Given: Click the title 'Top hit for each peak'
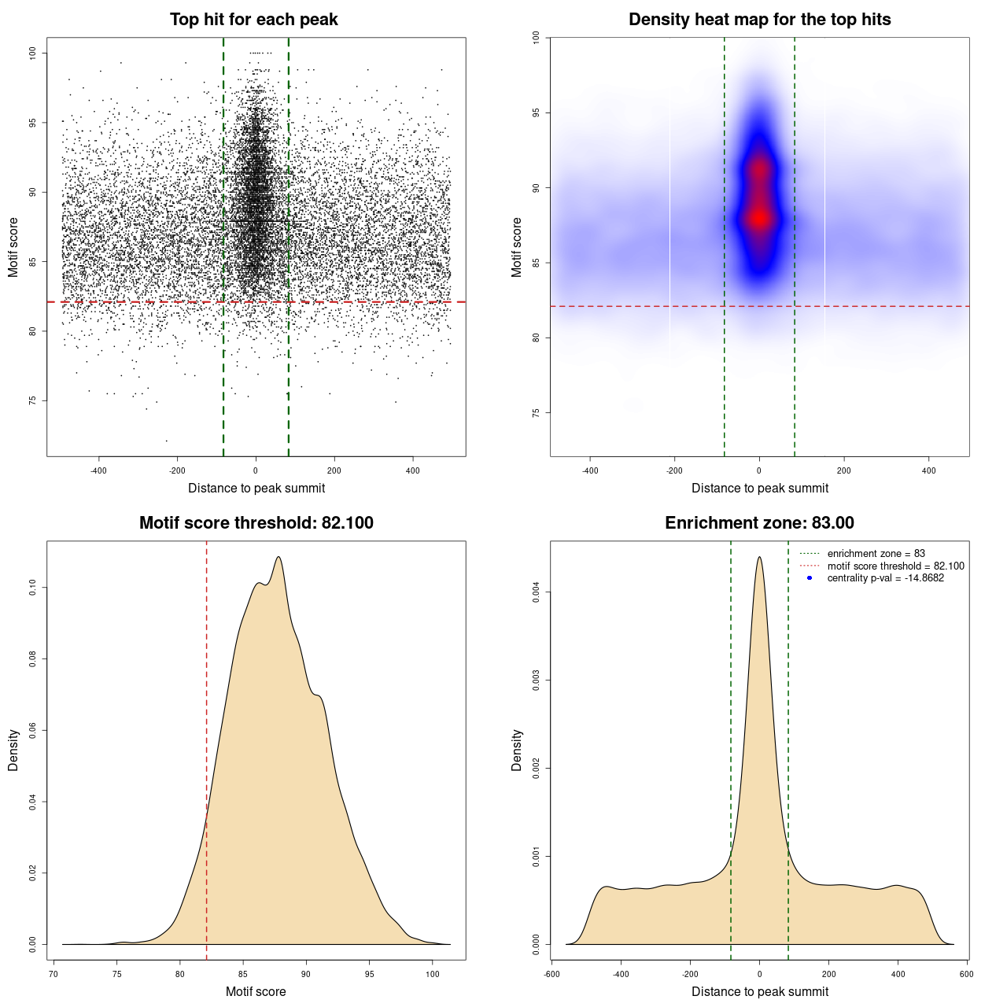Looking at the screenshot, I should tap(254, 20).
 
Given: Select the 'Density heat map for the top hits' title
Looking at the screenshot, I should tap(759, 20).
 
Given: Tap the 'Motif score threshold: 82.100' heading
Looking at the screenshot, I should tap(256, 523).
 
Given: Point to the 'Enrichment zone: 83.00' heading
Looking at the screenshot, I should tap(759, 523).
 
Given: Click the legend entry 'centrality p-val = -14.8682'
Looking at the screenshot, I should tap(885, 578).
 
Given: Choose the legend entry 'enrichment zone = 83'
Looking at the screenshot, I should tap(876, 554).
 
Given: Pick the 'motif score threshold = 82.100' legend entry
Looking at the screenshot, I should tap(895, 566).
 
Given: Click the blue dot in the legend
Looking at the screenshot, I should tap(810, 578).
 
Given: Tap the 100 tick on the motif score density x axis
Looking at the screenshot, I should tap(432, 974).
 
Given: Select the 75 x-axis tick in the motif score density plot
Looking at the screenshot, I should tap(117, 974).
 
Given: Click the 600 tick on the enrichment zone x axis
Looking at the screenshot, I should tap(967, 974).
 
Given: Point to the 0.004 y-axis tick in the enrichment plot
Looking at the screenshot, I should tap(536, 592).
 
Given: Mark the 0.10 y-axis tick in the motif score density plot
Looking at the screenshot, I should tap(32, 588).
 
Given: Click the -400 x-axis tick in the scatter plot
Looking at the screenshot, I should tap(98, 470).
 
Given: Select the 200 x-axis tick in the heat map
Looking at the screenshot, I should tap(844, 470).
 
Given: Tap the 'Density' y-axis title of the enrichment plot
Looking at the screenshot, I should tap(517, 750).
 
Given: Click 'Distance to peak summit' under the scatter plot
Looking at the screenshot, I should tap(256, 489).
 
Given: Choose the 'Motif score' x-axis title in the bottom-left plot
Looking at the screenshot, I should tap(256, 991).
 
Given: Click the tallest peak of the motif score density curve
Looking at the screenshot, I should tap(278, 557).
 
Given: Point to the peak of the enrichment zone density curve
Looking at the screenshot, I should tap(759, 557).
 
